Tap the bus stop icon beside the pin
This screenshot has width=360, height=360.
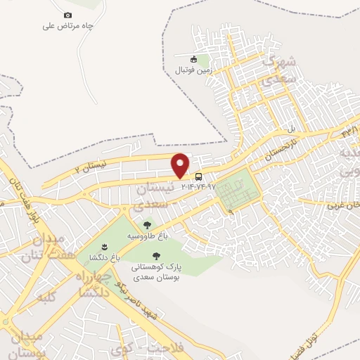[x=199, y=176]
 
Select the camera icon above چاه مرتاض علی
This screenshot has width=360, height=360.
[x=67, y=15]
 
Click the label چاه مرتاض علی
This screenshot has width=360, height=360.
[x=67, y=26]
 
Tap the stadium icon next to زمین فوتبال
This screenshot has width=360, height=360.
[x=196, y=58]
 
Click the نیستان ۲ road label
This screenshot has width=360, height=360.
[x=92, y=165]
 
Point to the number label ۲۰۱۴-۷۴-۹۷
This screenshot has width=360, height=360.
[x=198, y=186]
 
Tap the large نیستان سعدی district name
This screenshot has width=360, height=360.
[x=150, y=198]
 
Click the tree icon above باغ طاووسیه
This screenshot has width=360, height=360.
[x=147, y=225]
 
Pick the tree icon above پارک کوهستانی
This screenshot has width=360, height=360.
[x=156, y=255]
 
